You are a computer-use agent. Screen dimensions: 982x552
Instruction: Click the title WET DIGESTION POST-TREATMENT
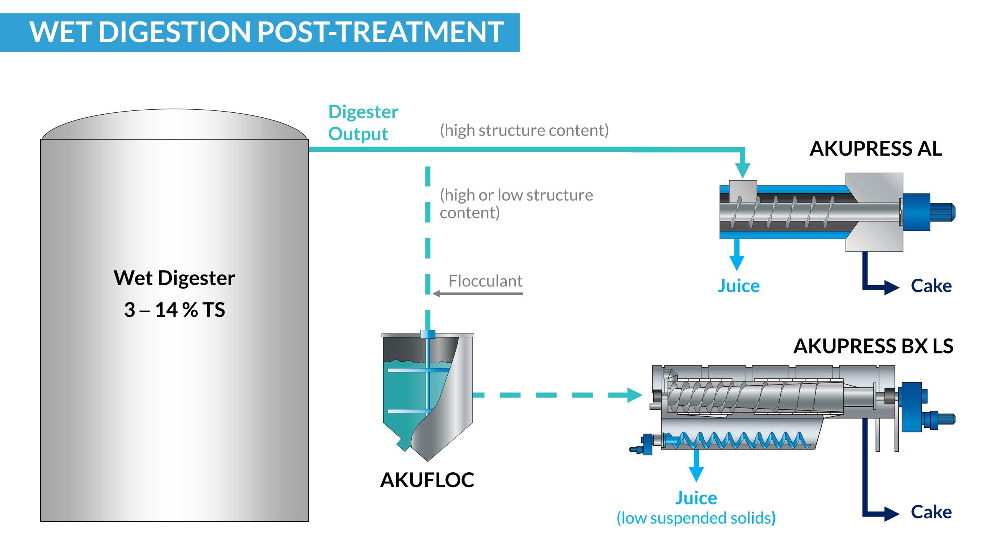[x=267, y=32]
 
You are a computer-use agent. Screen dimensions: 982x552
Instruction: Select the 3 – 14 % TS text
[x=175, y=310]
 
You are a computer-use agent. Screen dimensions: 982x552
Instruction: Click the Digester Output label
[x=363, y=123]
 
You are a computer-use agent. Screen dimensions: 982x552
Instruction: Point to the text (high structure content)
[x=524, y=130]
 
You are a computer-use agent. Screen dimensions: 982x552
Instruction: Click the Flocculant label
[x=485, y=281]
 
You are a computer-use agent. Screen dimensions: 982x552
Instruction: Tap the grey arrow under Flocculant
[x=478, y=294]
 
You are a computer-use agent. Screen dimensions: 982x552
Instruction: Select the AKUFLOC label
[x=427, y=480]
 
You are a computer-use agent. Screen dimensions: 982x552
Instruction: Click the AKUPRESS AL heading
[x=875, y=149]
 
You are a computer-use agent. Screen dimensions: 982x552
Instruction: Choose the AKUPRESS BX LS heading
[x=873, y=346]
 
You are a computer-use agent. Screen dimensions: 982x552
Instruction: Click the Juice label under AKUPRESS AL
[x=738, y=286]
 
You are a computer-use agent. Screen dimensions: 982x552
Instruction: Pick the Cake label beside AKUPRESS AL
[x=931, y=286]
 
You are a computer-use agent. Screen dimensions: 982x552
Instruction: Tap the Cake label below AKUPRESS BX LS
[x=931, y=512]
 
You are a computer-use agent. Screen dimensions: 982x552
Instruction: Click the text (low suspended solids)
[x=696, y=518]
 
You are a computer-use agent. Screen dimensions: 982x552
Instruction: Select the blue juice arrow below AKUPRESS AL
[x=736, y=255]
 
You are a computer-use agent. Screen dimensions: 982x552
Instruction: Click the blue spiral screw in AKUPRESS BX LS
[x=736, y=440]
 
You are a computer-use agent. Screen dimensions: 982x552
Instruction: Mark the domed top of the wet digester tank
[x=175, y=124]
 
